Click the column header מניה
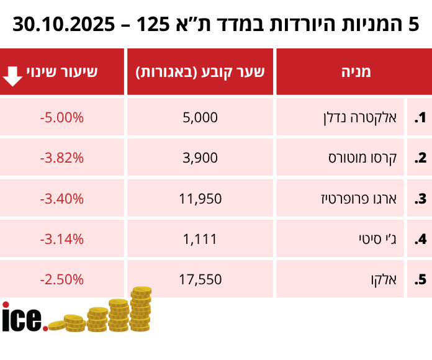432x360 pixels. coord(356,71)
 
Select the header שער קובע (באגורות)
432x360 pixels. coord(200,71)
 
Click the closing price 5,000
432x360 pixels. coord(200,117)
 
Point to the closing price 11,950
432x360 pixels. coord(200,199)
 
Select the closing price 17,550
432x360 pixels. coord(200,279)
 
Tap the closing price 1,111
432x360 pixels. coord(200,239)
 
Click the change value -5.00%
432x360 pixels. coord(61,117)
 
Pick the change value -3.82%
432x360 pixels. coord(61,158)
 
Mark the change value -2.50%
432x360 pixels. coord(61,279)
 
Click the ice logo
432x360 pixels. coord(24,317)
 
